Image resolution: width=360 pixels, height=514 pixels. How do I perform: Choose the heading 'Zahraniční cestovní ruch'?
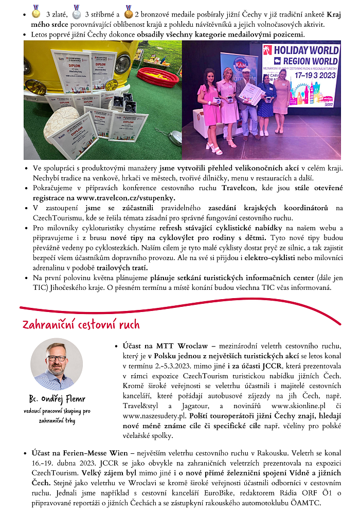pos(81,325)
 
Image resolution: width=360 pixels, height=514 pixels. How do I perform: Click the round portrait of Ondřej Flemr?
pos(57,364)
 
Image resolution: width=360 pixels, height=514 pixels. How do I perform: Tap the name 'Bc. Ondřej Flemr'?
pos(57,400)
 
